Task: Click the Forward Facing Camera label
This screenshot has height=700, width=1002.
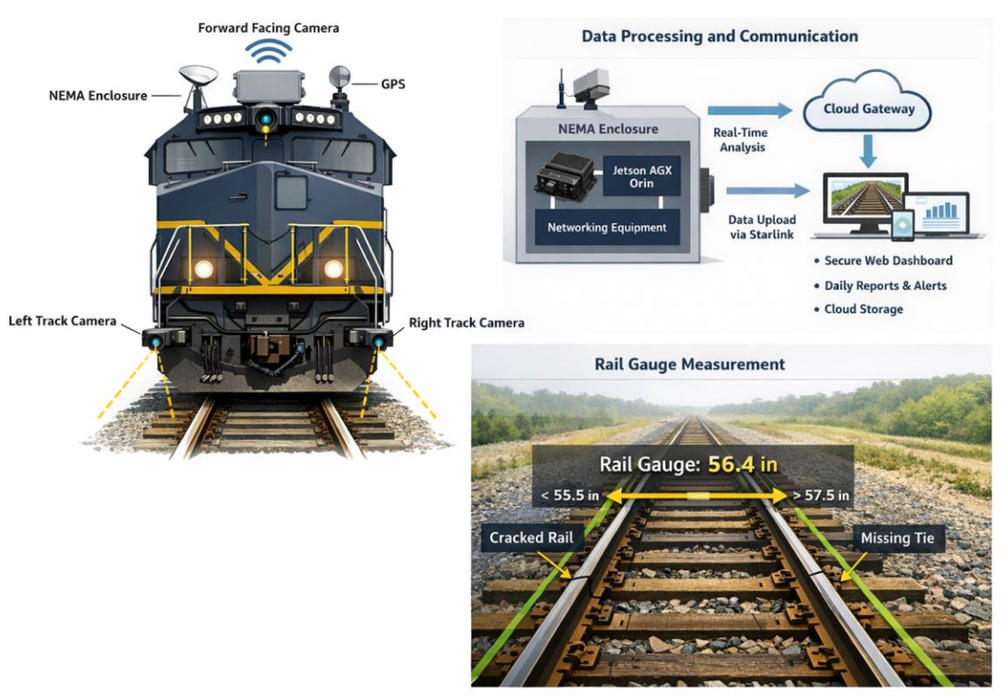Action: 269,28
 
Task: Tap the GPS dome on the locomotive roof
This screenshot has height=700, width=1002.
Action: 339,78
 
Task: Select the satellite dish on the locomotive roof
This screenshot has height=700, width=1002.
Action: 198,78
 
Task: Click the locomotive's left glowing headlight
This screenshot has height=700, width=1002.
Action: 204,269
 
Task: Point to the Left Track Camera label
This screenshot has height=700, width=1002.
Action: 63,320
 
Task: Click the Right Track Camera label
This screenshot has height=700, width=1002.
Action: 467,322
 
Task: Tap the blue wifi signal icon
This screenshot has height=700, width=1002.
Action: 269,52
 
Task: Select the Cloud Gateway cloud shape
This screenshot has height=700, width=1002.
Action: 868,102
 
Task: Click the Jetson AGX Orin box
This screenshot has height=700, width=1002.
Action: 641,177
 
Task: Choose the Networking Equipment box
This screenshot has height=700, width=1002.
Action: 607,227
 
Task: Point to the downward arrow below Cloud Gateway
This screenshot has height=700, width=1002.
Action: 867,151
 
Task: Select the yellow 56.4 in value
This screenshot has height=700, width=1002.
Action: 743,464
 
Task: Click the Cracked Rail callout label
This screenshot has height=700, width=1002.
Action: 531,538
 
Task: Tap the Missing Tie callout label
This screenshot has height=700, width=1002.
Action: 897,538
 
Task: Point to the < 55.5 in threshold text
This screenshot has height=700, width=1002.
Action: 570,495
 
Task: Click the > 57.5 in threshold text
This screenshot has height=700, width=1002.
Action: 821,495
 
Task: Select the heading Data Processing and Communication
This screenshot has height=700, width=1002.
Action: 720,37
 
